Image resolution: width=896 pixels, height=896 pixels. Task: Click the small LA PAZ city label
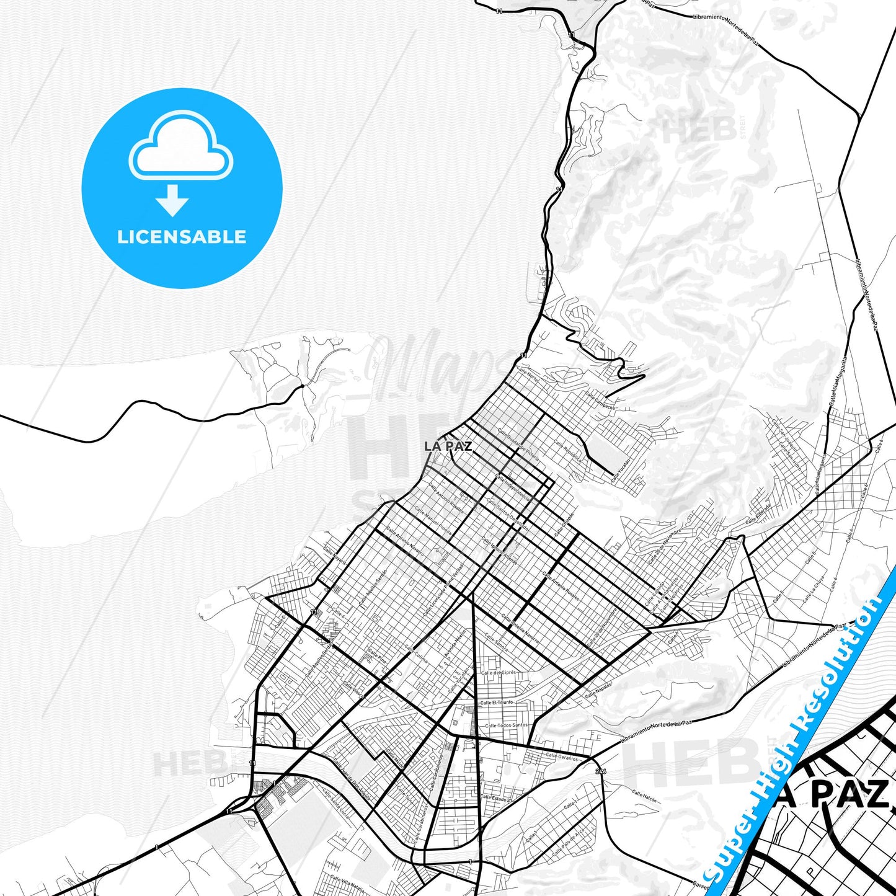coord(448,446)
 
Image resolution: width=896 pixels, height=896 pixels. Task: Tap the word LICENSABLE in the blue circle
coord(182,237)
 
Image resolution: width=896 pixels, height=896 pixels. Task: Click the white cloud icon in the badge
coord(180,148)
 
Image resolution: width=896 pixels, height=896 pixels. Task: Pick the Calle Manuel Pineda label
coord(433,518)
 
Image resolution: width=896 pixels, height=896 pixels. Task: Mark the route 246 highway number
coord(600,771)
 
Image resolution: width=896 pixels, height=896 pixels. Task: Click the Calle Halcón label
coord(644,796)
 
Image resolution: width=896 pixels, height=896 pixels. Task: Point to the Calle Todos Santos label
coord(506,725)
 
